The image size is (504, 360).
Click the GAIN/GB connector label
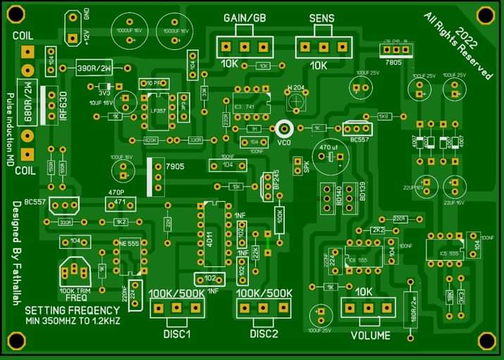click(x=245, y=18)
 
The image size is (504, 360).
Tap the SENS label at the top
click(x=321, y=18)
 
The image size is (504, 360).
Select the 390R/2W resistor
click(x=94, y=68)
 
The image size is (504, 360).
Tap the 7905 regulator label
click(x=173, y=166)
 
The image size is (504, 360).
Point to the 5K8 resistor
click(x=383, y=116)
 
